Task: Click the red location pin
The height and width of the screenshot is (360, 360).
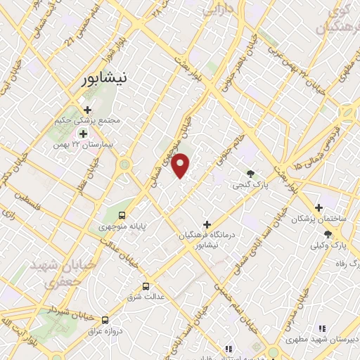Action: (x=181, y=165)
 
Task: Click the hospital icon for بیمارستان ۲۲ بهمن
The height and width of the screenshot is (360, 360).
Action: (x=83, y=134)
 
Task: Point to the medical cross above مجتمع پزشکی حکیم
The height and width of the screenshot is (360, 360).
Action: (x=87, y=110)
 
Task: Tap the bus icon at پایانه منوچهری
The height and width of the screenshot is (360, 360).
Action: (x=122, y=216)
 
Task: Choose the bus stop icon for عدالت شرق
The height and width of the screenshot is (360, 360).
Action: (x=146, y=287)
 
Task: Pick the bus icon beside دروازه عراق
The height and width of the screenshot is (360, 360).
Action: (x=105, y=319)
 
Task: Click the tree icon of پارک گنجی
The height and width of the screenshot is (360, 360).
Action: (x=250, y=174)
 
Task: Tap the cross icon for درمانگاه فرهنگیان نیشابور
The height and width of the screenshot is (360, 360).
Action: (x=206, y=224)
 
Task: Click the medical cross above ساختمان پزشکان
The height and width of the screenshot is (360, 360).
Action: (x=319, y=208)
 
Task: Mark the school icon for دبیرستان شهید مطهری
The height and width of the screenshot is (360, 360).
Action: (x=321, y=328)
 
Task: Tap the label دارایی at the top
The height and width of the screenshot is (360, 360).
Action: (x=218, y=11)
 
